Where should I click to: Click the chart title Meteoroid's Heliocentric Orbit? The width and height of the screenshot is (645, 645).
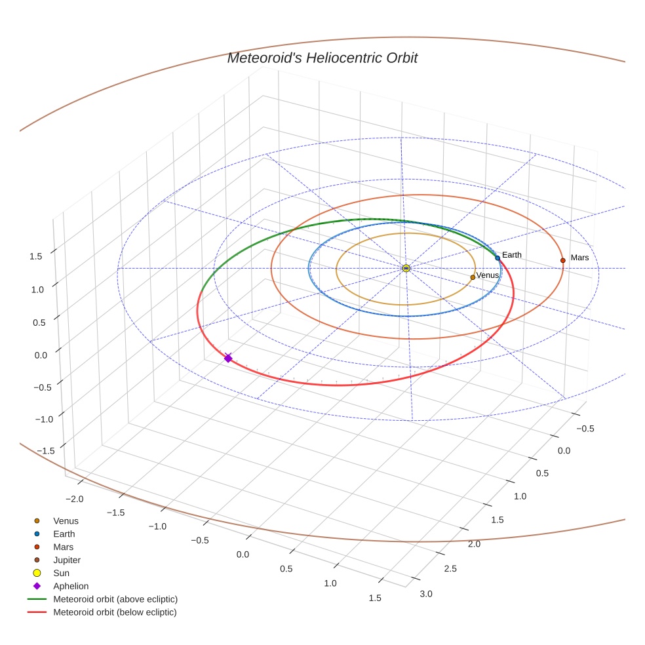(322, 58)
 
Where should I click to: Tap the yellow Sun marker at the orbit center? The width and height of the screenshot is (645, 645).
(406, 268)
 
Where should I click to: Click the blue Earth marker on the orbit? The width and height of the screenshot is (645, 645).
(498, 258)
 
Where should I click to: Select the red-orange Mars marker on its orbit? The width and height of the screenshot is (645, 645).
(562, 260)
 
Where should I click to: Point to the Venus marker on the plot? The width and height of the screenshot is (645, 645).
(473, 277)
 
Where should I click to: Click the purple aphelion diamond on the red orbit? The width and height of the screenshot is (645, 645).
(228, 358)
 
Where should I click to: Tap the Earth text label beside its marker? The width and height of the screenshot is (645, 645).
(512, 255)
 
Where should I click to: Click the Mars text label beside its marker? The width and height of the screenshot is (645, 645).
(579, 258)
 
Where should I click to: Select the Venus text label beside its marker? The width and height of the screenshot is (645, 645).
(488, 276)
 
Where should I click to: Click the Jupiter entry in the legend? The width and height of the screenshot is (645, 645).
(67, 560)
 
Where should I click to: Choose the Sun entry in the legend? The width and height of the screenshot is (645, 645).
(61, 574)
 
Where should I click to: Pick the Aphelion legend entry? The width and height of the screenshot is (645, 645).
(71, 587)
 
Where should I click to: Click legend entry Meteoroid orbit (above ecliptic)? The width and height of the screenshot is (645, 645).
(115, 599)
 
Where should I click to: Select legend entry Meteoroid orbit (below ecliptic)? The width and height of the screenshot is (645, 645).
(115, 612)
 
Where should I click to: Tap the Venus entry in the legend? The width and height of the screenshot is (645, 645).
(66, 521)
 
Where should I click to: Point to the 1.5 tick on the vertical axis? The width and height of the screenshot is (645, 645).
(36, 256)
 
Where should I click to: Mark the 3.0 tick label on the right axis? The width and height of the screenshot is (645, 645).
(426, 594)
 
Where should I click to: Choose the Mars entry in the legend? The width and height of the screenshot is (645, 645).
(63, 547)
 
